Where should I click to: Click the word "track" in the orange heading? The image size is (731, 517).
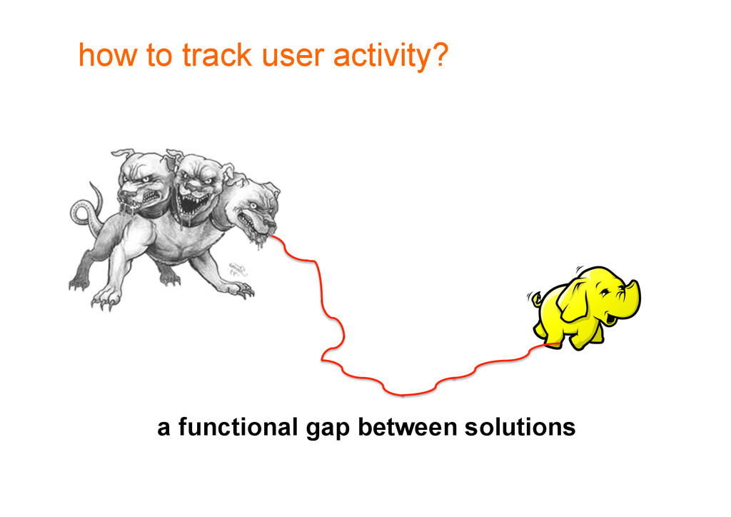216,55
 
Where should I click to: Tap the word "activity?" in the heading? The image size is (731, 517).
390,56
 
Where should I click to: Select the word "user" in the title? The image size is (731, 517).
293,57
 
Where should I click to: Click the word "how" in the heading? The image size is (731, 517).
108,55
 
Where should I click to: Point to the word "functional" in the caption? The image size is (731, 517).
238,426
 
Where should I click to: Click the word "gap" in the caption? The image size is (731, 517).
327,430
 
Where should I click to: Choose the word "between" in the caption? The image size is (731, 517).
407,426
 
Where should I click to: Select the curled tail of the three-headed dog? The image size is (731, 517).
86,210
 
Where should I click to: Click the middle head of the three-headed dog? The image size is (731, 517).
197,186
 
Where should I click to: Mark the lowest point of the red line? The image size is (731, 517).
403,396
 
